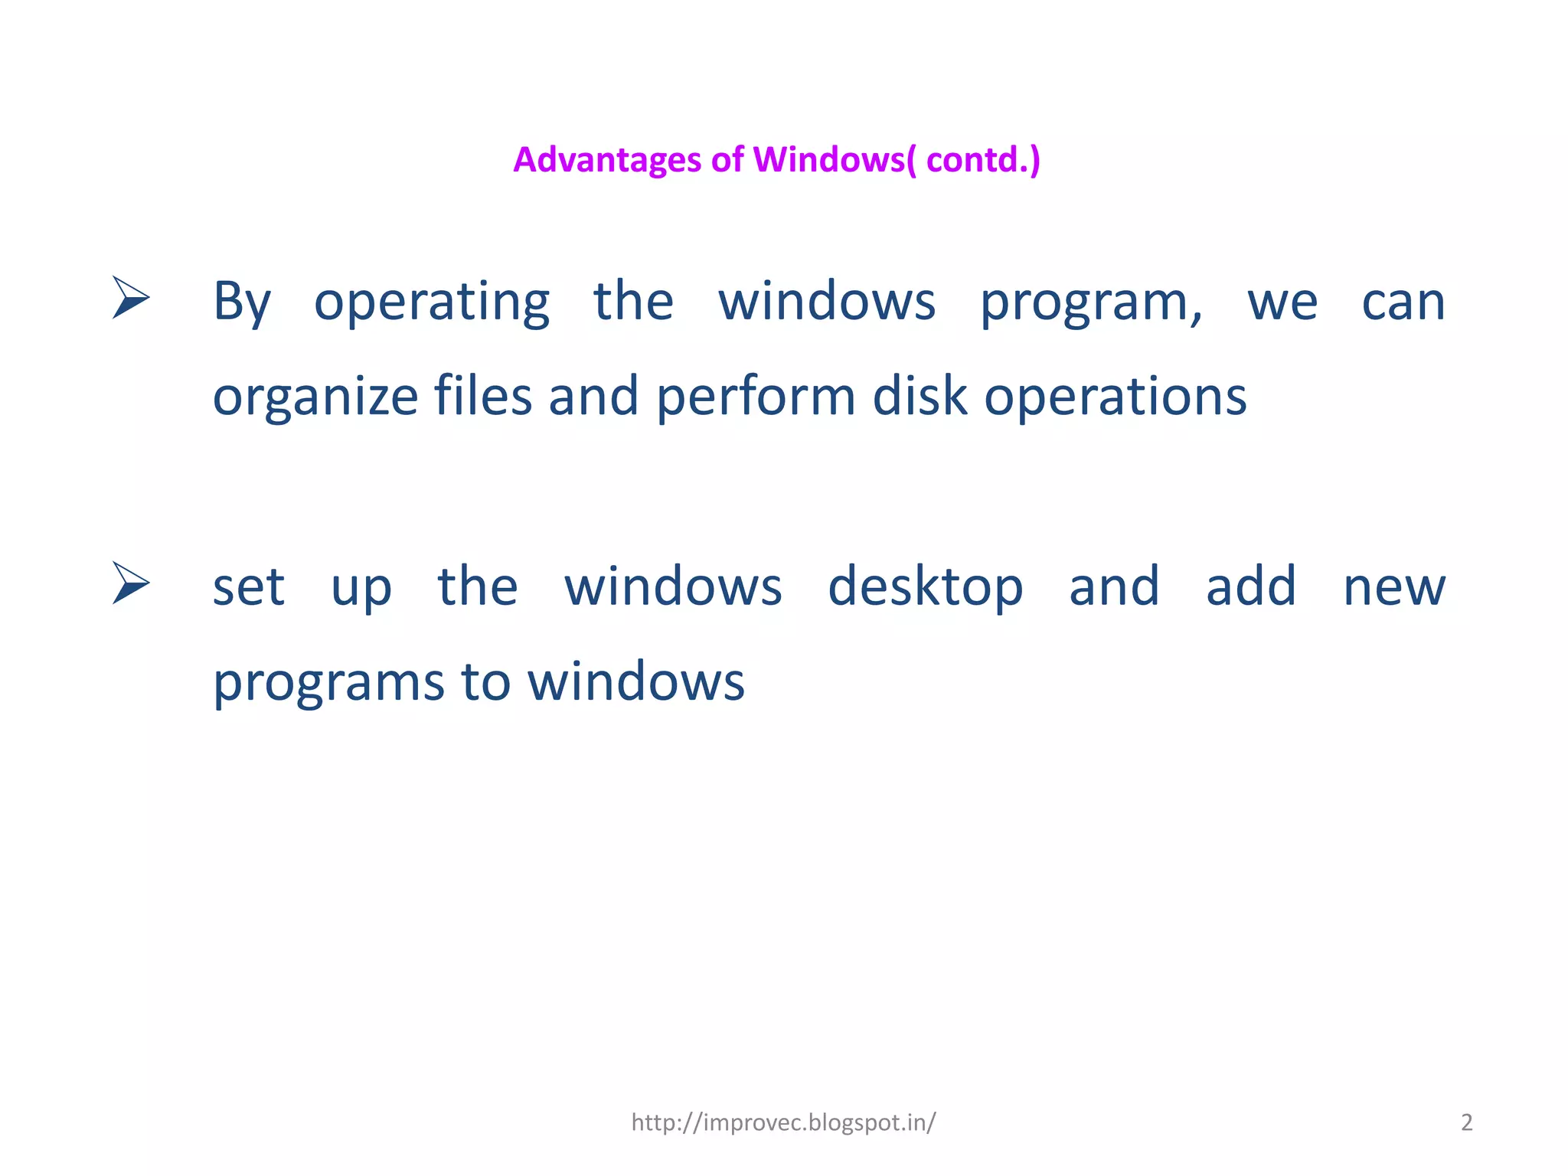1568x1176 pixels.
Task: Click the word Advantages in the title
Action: tap(607, 160)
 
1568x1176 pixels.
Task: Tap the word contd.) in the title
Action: tap(983, 160)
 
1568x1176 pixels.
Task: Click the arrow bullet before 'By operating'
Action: tap(131, 297)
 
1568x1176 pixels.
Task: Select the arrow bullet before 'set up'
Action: tap(131, 583)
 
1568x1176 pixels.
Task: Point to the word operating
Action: tap(432, 302)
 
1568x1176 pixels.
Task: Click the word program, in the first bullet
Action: tap(1091, 302)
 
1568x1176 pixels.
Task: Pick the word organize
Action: tap(315, 397)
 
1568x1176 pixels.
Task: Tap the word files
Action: tap(482, 396)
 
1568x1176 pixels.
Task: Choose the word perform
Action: tap(756, 397)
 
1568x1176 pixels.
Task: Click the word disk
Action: tap(920, 396)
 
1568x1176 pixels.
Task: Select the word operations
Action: tap(1115, 397)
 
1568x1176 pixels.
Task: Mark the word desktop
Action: tap(925, 588)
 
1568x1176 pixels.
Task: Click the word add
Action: tap(1251, 586)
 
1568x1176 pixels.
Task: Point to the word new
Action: tap(1394, 588)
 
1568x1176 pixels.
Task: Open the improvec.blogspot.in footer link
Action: tap(783, 1122)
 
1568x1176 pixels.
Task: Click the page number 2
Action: tap(1467, 1122)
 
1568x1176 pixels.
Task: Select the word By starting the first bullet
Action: tap(241, 302)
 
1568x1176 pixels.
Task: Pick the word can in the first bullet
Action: tap(1403, 302)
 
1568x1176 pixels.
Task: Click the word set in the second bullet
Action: tap(248, 588)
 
